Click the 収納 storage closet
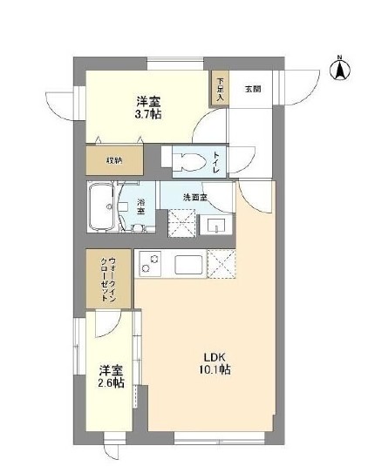coord(109,160)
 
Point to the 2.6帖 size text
coord(111,383)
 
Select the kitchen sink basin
coord(188,264)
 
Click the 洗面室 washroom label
coord(195,197)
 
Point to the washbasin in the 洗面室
coord(215,226)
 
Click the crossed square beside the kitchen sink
coord(221,263)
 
